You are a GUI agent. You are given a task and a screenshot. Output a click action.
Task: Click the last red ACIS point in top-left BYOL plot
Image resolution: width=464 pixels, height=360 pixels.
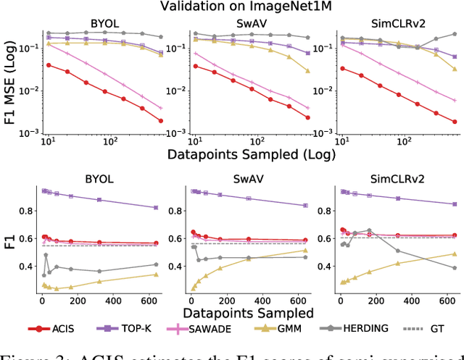coord(161,121)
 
